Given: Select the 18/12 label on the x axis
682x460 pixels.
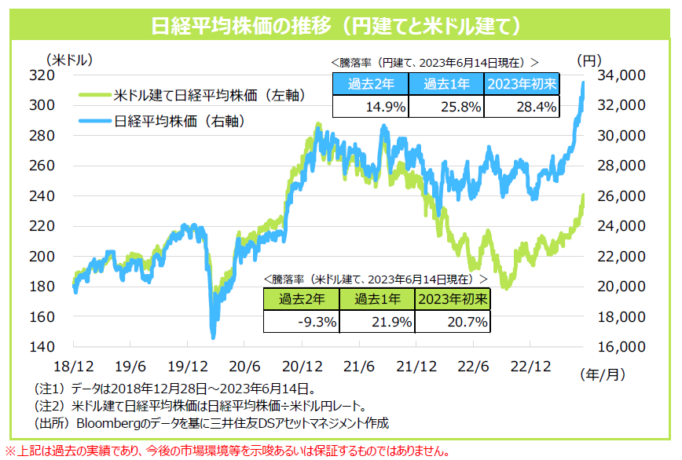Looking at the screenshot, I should coord(74,367).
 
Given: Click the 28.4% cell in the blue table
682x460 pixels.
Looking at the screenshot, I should coord(522,106).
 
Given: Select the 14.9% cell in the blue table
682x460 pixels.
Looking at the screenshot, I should coord(369,106).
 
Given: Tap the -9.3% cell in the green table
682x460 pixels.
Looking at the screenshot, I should coord(302,320).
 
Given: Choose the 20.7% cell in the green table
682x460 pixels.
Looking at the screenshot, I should coord(453,320).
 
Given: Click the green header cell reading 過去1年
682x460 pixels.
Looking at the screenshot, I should coord(377,299).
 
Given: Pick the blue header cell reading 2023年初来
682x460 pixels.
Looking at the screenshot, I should coord(522,85).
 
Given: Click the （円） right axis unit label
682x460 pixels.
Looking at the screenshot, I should coord(589,60).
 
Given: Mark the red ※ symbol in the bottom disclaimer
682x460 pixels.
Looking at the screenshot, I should coord(10,451).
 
